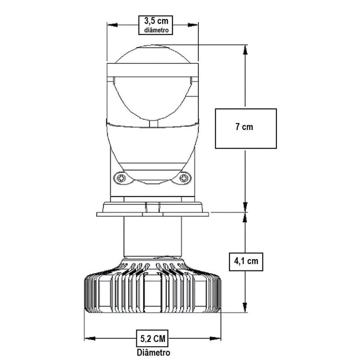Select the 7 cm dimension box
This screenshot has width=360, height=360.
[x=245, y=128]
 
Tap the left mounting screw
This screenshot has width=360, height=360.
[x=121, y=178]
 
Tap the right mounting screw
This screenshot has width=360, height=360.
[x=184, y=178]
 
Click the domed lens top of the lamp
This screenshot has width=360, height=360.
[x=153, y=54]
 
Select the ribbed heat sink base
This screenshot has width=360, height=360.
[x=153, y=292]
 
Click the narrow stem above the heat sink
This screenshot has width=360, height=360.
[x=153, y=236]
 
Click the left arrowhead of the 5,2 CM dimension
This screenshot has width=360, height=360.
[x=88, y=337]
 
